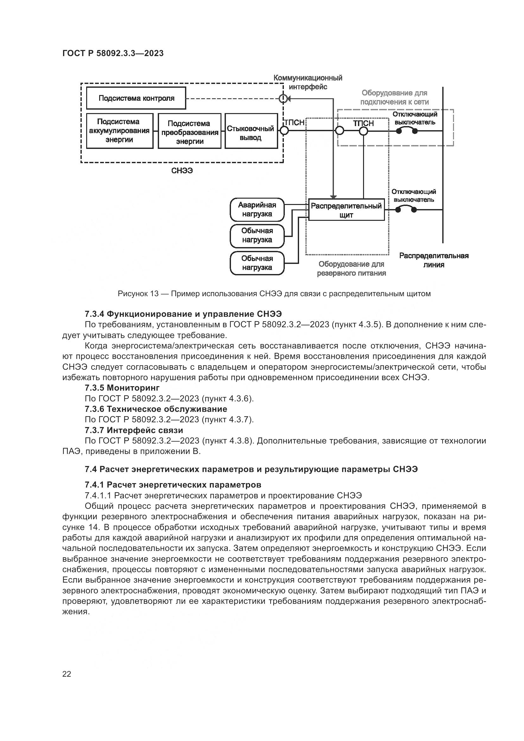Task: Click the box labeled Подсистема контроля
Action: pos(136,98)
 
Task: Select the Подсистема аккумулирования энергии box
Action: pos(119,131)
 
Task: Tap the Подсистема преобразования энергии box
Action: pos(190,131)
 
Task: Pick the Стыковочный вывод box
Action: pos(251,131)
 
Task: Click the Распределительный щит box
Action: pos(346,210)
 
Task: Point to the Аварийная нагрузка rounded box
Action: pos(257,209)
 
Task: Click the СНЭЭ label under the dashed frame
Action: pos(182,171)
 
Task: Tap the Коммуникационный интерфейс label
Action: pos(308,82)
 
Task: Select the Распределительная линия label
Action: pos(434,260)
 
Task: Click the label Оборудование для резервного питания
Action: pos(351,269)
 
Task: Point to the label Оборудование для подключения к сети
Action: pos(394,98)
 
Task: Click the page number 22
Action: pos(67,674)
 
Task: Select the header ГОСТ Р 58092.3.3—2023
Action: pos(113,53)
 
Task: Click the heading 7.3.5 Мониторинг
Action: pos(122,387)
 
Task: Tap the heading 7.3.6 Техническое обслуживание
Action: pos(156,409)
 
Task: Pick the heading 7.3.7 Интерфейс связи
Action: pos(134,430)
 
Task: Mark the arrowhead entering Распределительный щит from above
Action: pos(334,197)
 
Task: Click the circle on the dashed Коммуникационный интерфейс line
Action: pos(283,98)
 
